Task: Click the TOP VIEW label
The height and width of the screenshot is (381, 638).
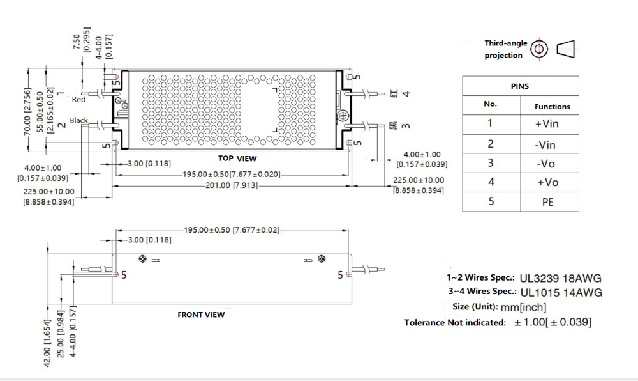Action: (237, 158)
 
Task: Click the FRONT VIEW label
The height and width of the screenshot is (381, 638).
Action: (200, 315)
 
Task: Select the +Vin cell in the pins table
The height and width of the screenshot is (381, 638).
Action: (547, 124)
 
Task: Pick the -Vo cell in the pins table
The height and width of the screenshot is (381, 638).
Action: (547, 164)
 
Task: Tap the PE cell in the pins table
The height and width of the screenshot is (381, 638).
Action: (547, 202)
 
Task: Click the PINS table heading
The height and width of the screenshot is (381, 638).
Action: (520, 86)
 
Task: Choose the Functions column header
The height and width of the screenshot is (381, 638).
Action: (552, 107)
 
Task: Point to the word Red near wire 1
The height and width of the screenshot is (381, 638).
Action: (78, 100)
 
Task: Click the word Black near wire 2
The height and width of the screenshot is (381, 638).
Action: (79, 120)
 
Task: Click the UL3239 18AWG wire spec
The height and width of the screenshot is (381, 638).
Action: (561, 279)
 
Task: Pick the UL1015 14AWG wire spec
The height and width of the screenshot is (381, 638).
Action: (561, 293)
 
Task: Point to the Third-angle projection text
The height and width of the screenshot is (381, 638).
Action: (505, 49)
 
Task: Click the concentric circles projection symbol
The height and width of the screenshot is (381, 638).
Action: (540, 49)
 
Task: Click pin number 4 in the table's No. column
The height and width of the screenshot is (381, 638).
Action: (491, 182)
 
